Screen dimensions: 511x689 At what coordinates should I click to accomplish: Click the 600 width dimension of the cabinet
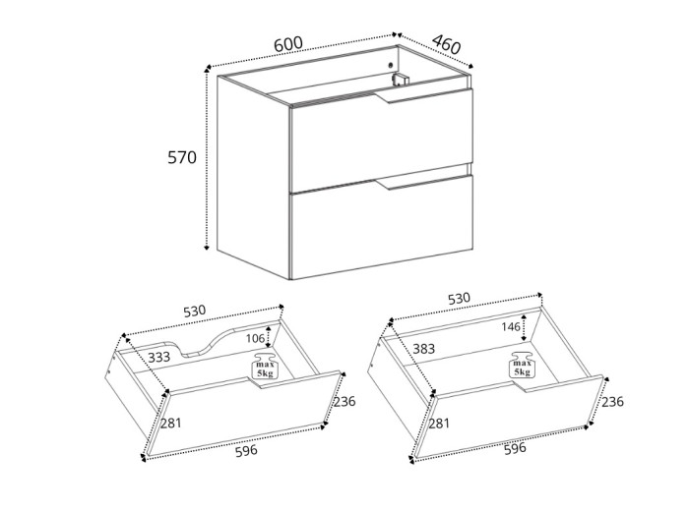(287, 44)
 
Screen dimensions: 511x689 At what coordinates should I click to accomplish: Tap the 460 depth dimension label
(446, 45)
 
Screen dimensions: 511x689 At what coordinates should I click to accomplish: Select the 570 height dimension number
(182, 157)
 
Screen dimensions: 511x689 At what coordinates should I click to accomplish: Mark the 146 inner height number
(510, 328)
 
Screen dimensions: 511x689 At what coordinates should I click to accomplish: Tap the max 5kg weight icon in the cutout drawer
(265, 367)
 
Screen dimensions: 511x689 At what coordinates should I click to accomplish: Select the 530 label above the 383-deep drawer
(459, 298)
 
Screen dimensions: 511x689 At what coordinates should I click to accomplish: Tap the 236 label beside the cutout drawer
(344, 401)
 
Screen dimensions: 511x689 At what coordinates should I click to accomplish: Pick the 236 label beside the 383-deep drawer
(612, 401)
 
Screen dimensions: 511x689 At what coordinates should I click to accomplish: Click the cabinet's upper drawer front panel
(381, 140)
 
